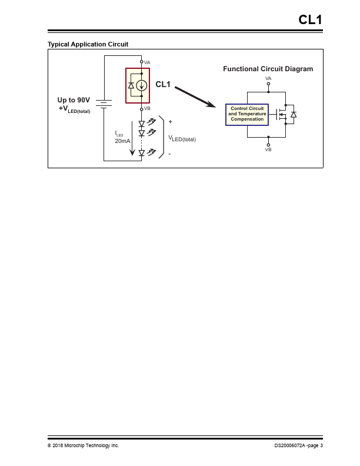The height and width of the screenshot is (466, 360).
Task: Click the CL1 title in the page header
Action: (310, 20)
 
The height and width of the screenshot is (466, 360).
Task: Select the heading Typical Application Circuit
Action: (88, 44)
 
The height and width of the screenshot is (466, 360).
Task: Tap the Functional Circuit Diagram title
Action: (268, 69)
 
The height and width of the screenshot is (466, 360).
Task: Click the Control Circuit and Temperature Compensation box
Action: (247, 114)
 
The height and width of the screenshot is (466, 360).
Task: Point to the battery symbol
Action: (104, 104)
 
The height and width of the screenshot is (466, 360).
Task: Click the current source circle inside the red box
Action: (141, 85)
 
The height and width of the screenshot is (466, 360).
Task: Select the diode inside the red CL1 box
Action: (131, 85)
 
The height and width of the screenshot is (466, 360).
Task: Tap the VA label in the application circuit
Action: (147, 62)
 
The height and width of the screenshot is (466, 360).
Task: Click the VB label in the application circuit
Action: (147, 109)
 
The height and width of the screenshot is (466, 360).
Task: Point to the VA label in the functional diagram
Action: (268, 78)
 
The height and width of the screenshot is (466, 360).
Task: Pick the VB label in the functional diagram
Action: (268, 149)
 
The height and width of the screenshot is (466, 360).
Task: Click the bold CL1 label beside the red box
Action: (163, 85)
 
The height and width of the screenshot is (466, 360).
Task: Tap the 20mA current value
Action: (122, 141)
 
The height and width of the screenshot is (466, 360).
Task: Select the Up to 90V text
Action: (74, 100)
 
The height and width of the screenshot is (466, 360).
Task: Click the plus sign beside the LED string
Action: (171, 122)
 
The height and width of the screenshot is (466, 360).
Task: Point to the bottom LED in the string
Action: (142, 153)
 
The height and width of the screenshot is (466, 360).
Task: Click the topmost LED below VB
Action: (142, 124)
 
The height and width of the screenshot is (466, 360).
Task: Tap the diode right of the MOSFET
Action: (294, 114)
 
